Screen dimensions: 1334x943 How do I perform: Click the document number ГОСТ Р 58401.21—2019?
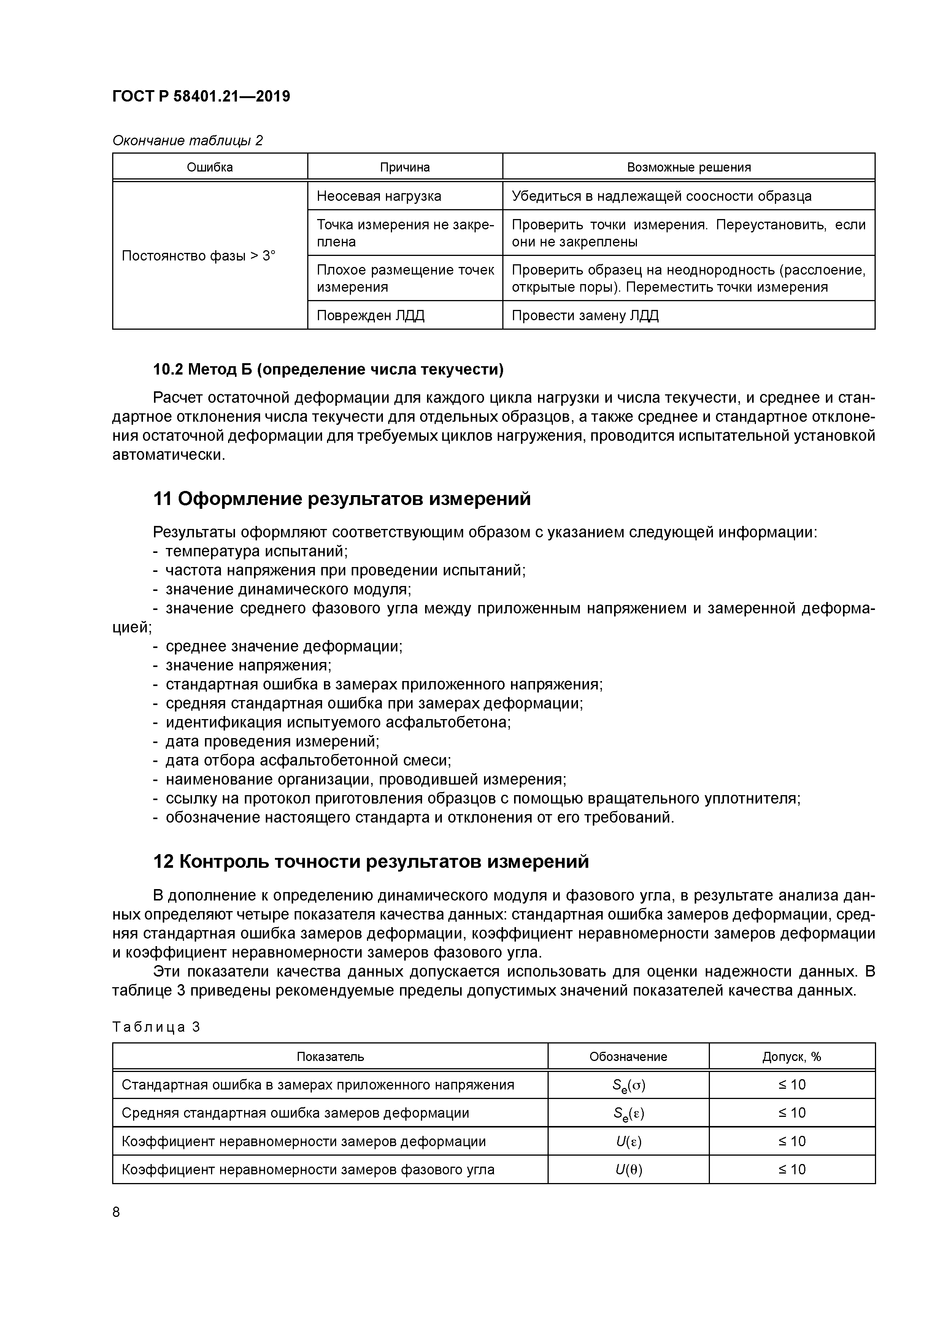coord(201,97)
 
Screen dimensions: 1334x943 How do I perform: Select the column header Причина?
coord(405,167)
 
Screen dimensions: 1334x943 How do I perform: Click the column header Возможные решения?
coord(689,167)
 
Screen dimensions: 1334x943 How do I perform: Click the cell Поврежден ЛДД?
coord(371,316)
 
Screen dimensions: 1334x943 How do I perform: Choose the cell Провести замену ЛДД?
coord(585,316)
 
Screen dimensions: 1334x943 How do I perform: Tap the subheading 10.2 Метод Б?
coord(328,370)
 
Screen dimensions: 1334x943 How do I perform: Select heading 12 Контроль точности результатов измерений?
coord(371,862)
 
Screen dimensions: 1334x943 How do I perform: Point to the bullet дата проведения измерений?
coord(272,742)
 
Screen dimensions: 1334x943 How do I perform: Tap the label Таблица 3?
coord(156,1027)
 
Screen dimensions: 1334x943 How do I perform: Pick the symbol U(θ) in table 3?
coord(628,1170)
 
